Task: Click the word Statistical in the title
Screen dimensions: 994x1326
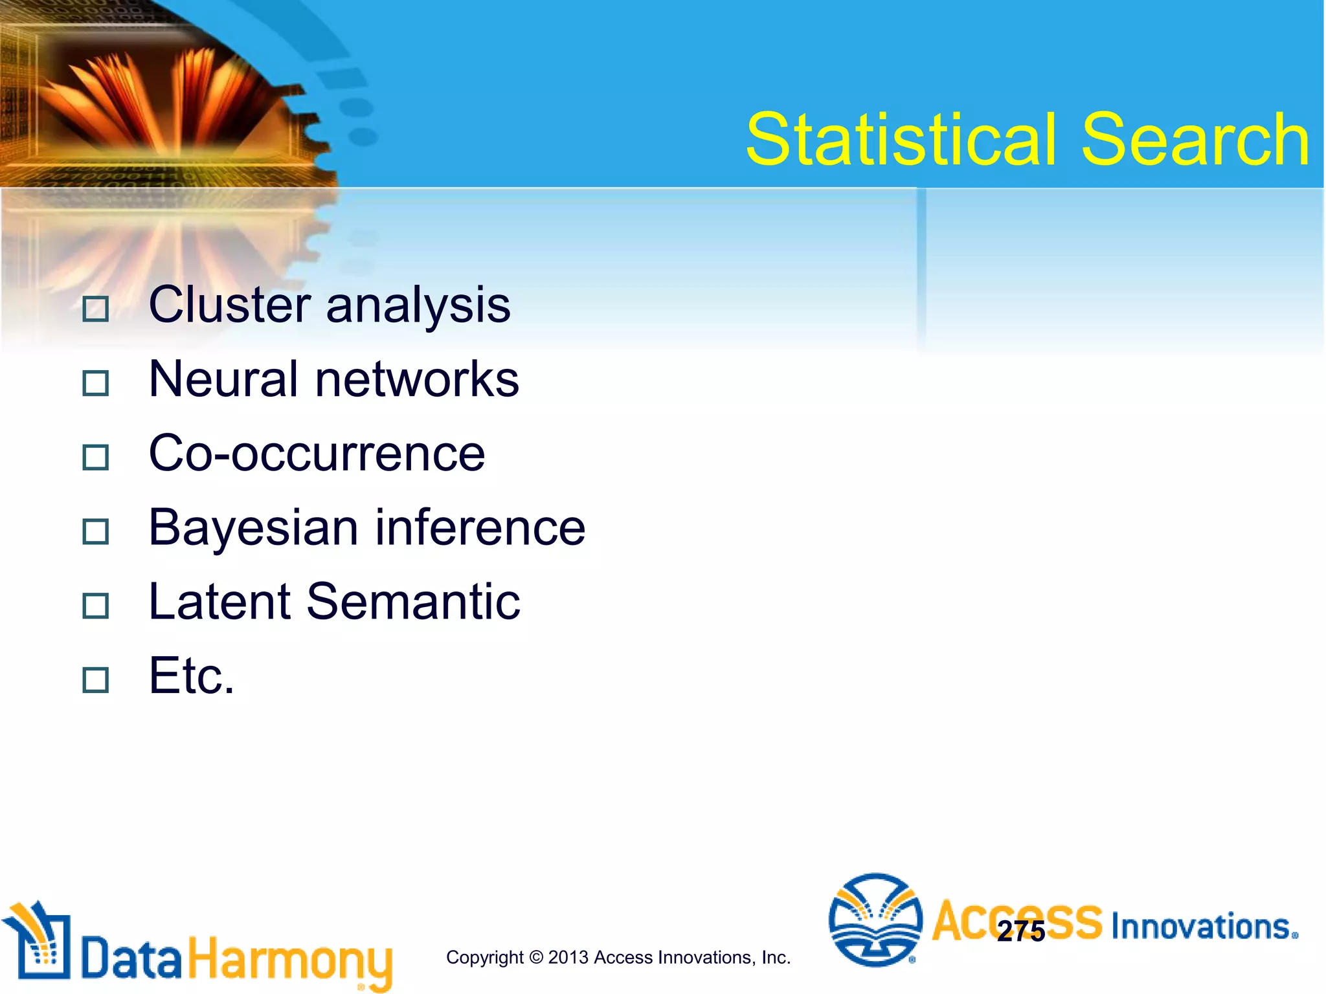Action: click(903, 140)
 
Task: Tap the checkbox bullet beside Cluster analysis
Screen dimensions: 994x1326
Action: click(96, 309)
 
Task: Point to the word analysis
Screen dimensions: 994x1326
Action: click(418, 306)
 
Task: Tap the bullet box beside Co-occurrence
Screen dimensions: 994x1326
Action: click(96, 458)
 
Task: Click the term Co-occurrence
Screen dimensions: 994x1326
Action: click(317, 454)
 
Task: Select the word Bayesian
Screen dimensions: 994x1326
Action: click(253, 529)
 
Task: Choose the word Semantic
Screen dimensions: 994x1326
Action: click(413, 602)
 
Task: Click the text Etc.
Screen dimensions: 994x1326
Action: click(192, 676)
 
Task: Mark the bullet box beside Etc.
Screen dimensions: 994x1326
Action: click(96, 680)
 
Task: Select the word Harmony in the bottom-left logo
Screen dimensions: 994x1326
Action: click(291, 960)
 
